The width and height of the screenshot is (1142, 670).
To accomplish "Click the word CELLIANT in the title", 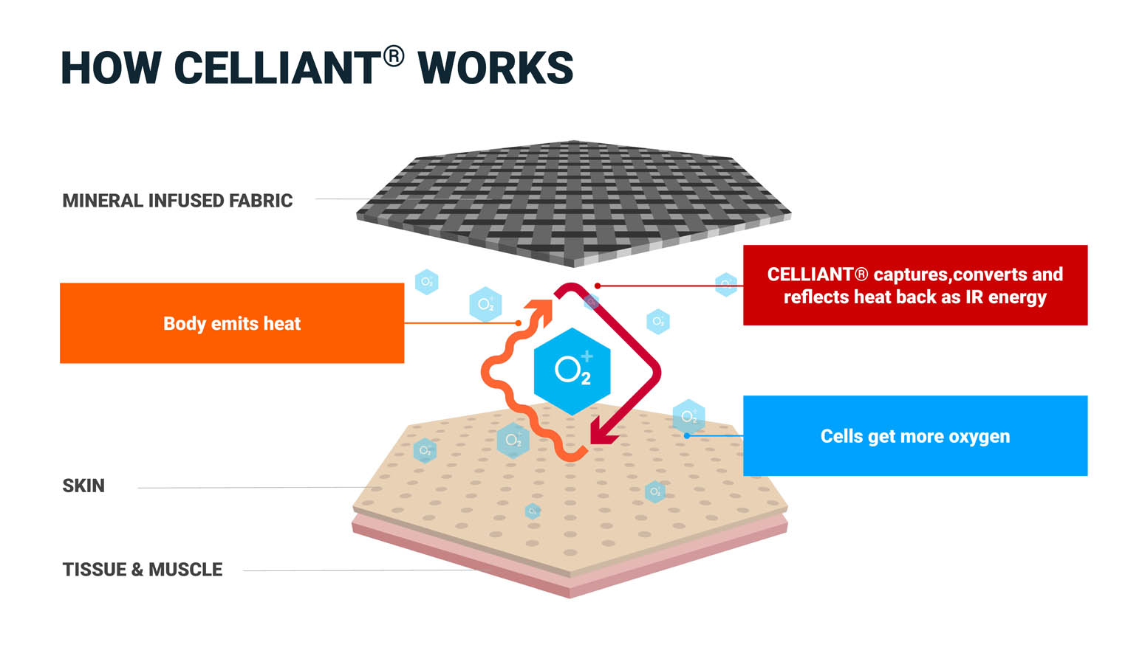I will [277, 69].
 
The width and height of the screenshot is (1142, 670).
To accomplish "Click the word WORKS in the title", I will [496, 69].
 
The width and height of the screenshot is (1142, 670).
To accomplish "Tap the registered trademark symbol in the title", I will [394, 56].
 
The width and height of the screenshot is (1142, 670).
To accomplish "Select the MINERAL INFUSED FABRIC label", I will [177, 201].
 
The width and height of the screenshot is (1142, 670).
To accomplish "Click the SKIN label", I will [83, 486].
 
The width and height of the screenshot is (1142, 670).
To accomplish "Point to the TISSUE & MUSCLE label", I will [143, 570].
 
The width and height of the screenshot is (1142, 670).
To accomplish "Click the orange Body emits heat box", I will [232, 323].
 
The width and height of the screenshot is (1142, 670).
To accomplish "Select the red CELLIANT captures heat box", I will [915, 286].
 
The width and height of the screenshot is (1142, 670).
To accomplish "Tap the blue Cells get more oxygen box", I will [915, 436].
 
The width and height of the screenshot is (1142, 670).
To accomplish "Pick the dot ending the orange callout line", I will [519, 323].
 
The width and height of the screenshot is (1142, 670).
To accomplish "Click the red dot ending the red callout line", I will [597, 286].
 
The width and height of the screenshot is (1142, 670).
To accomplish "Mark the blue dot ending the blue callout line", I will [686, 435].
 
